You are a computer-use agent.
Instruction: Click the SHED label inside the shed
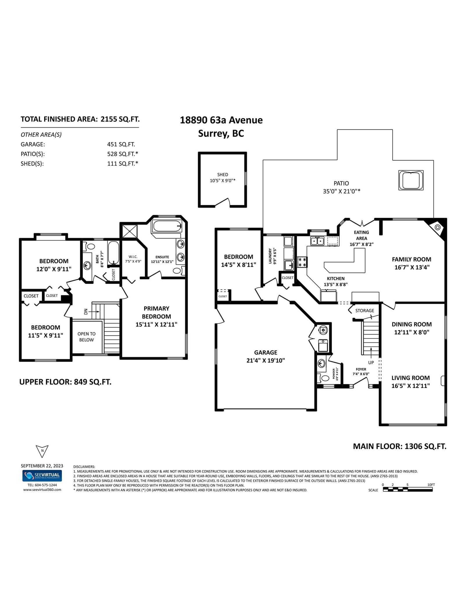pos(223,174)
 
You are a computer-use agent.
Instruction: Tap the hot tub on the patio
pos(411,181)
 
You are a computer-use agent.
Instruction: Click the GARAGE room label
pos(266,352)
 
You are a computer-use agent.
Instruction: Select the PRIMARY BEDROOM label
pos(156,312)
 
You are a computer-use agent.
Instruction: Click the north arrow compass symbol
pos(42,451)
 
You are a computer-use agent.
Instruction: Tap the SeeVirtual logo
pos(42,476)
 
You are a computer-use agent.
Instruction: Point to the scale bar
pos(408,490)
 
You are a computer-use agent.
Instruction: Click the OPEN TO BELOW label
pos(87,337)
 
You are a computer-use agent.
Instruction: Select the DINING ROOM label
pos(412,324)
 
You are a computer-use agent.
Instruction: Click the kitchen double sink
pos(317,241)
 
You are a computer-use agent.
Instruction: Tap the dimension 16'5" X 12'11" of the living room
pos(411,386)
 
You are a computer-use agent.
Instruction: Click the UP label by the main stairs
pos(371,362)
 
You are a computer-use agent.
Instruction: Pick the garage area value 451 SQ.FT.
pos(121,144)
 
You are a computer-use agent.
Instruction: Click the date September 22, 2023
pos(42,466)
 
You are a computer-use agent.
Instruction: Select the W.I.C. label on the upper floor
pos(133,257)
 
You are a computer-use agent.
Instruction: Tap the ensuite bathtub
pos(167,226)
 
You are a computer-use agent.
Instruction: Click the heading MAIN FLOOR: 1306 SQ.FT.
pos(400,446)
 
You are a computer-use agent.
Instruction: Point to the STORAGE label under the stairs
pos(365,310)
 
